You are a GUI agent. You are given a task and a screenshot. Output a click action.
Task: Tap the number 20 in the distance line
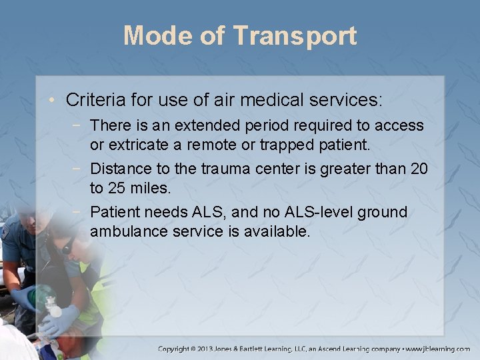click(419, 169)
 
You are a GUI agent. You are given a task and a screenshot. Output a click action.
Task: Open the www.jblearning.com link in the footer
click(438, 349)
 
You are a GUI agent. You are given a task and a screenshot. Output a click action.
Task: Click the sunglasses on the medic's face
click(67, 247)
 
